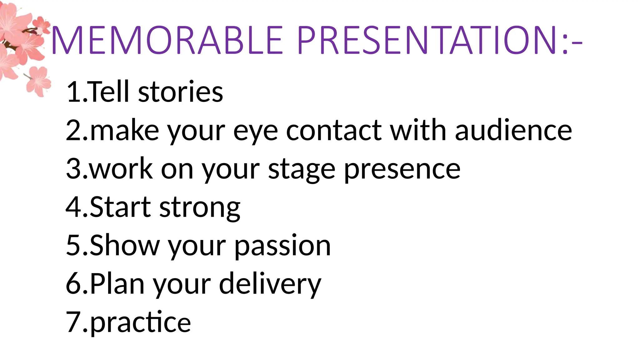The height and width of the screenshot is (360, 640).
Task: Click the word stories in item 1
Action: coord(180,92)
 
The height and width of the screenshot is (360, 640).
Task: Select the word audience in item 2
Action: coord(513,130)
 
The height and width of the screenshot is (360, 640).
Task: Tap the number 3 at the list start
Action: coord(74,169)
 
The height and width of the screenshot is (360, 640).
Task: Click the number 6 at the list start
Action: coord(74,284)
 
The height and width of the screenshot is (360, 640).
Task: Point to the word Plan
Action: coord(117,284)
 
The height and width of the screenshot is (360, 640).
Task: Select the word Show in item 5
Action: coord(125,246)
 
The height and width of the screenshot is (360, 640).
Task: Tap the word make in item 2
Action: coord(124,131)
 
